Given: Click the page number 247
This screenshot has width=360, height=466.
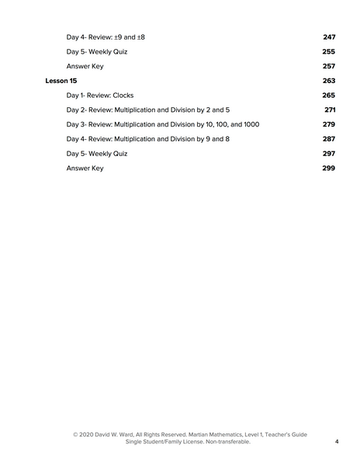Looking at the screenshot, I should pyautogui.click(x=329, y=37).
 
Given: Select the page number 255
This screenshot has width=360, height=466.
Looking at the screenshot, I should pyautogui.click(x=329, y=52).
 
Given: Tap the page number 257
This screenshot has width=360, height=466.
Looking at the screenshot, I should pyautogui.click(x=329, y=67).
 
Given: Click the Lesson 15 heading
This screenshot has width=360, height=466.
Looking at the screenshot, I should pyautogui.click(x=61, y=81).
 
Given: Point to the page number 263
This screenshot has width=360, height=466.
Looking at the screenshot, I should pyautogui.click(x=329, y=81).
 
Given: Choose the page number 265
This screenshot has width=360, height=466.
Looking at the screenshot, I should pyautogui.click(x=329, y=96).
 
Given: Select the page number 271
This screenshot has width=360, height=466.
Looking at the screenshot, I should pyautogui.click(x=330, y=110).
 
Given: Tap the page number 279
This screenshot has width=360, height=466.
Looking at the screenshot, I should pyautogui.click(x=329, y=124).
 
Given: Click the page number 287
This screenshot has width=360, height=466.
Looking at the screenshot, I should pyautogui.click(x=329, y=139).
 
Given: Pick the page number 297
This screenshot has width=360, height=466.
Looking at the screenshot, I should pyautogui.click(x=329, y=154).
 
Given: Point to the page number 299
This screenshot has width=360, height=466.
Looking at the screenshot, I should pyautogui.click(x=329, y=168).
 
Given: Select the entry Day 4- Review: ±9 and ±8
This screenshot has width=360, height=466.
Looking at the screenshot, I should pyautogui.click(x=101, y=37).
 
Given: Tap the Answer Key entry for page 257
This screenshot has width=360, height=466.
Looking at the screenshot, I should pyautogui.click(x=85, y=67).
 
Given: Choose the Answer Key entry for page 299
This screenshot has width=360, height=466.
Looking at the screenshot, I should pyautogui.click(x=85, y=168).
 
